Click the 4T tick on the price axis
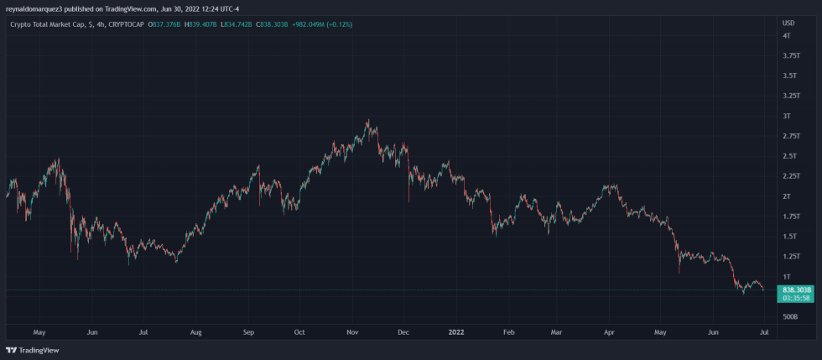pyautogui.click(x=786, y=36)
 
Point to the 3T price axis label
pyautogui.click(x=786, y=116)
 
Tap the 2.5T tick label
pyautogui.click(x=788, y=156)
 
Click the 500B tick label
pyautogui.click(x=789, y=316)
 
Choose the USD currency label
pyautogui.click(x=788, y=22)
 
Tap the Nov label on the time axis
pyautogui.click(x=352, y=332)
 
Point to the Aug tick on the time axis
pyautogui.click(x=195, y=332)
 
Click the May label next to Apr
pyautogui.click(x=662, y=332)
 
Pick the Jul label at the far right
pyautogui.click(x=764, y=332)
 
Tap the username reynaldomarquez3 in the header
pyautogui.click(x=34, y=8)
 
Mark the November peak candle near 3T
pyautogui.click(x=367, y=123)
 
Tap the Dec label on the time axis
pyautogui.click(x=403, y=332)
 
